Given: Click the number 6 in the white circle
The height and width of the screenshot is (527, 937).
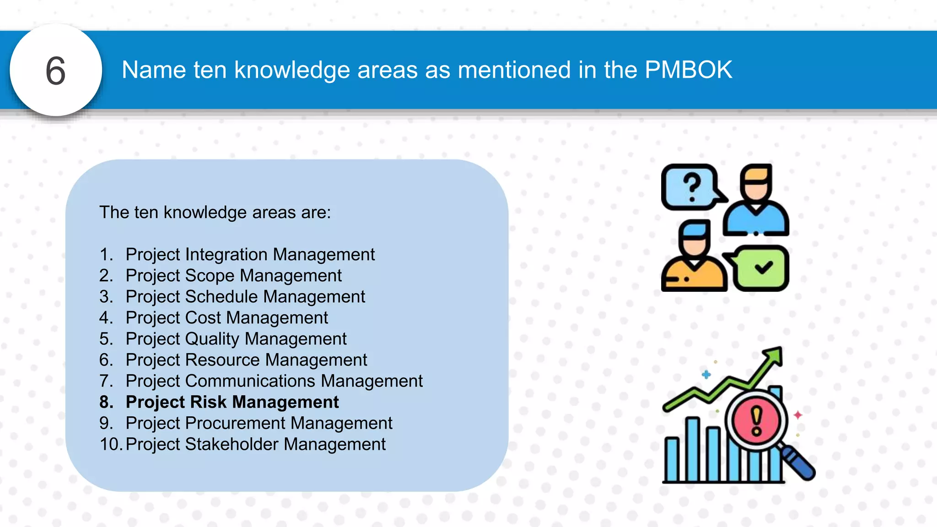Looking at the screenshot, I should (x=56, y=71).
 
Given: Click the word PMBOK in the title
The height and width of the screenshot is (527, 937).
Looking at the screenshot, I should (x=688, y=70).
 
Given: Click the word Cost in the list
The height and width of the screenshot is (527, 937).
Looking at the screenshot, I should (x=203, y=317).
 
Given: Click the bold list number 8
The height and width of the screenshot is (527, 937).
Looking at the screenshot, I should (x=106, y=402).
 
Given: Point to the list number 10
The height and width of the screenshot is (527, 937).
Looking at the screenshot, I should (x=110, y=444).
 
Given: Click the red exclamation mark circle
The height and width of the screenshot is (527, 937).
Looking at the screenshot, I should (x=756, y=420).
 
